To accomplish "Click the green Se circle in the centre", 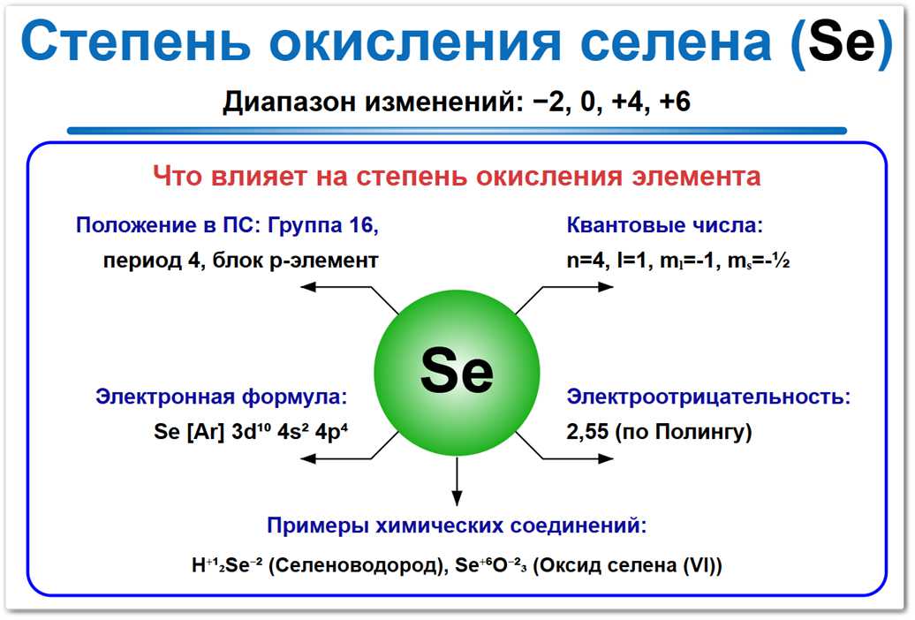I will coord(457,372).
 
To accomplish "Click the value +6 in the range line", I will coord(674,102).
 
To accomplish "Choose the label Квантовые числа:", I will coord(663,225).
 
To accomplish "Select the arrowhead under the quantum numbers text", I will coord(606,287).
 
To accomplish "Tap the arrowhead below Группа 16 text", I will coord(307,287).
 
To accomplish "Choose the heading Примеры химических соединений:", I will coord(457,527).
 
